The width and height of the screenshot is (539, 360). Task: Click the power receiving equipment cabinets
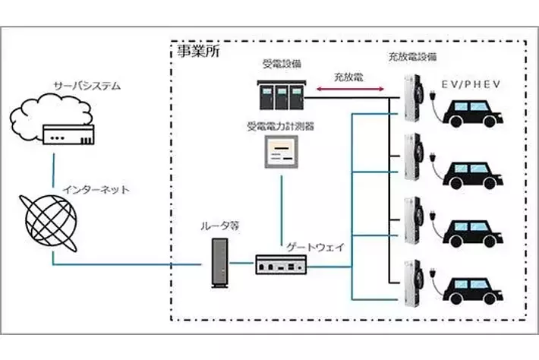[280, 96]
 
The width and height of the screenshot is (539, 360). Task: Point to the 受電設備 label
[282, 65]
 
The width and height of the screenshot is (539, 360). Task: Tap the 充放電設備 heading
[412, 57]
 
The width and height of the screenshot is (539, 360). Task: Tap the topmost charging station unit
[411, 99]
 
